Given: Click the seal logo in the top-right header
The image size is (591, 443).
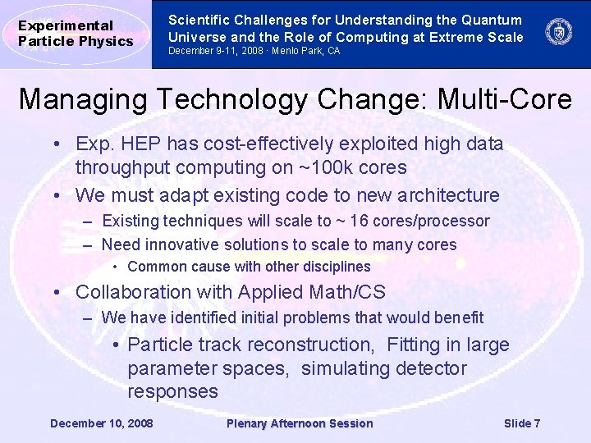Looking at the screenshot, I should [x=559, y=33].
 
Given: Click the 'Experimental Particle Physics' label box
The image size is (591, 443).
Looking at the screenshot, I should [x=76, y=34].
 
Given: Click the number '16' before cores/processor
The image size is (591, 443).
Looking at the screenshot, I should [x=381, y=221].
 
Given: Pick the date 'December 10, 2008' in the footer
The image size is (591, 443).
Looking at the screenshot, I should [x=101, y=423].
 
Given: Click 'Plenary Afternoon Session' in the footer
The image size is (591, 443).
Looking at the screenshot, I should [x=299, y=423].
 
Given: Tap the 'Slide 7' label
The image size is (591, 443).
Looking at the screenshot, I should [x=522, y=423].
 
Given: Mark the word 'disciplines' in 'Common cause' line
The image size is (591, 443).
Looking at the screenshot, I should [x=337, y=267].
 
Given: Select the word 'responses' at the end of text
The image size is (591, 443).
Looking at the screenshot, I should [x=172, y=391].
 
